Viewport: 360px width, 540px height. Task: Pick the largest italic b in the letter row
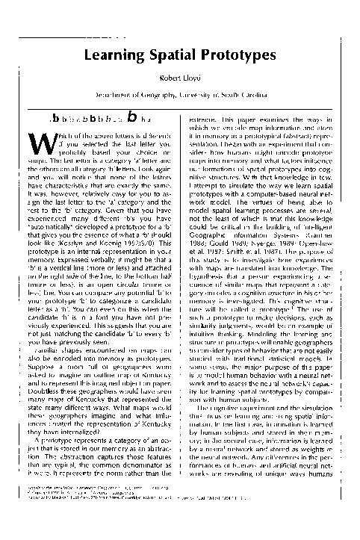coord(132,115)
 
